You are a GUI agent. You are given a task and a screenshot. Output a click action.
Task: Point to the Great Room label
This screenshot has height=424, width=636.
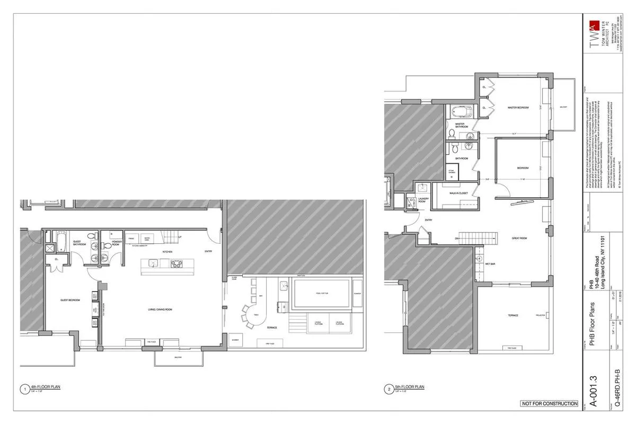pyautogui.click(x=519, y=238)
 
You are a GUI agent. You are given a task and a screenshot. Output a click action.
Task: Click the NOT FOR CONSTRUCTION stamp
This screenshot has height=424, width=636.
pyautogui.click(x=549, y=404)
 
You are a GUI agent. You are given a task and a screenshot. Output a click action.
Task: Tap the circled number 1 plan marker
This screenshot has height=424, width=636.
pyautogui.click(x=23, y=390)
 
